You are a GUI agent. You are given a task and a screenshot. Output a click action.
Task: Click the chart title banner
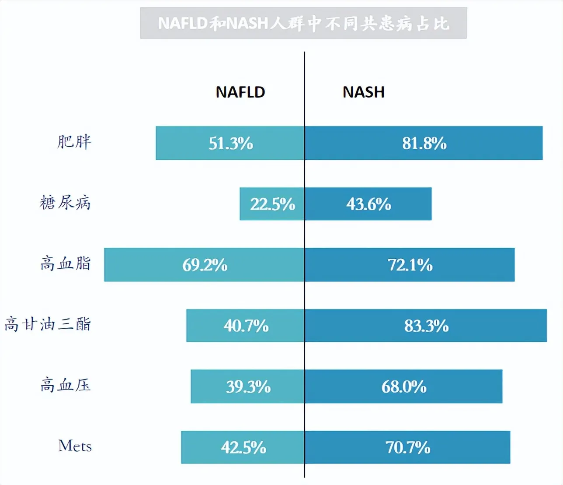click(303, 23)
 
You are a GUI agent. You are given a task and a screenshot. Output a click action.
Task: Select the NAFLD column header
click(240, 92)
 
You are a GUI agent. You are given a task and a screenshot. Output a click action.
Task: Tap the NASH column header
click(363, 92)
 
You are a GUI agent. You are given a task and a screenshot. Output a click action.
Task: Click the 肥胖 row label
click(74, 142)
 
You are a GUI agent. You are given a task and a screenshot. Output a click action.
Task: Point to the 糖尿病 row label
click(65, 203)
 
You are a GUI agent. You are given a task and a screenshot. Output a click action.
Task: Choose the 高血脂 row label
click(66, 264)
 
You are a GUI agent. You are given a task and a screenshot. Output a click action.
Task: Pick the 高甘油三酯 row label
click(48, 324)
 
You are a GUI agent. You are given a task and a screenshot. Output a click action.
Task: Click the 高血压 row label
click(66, 385)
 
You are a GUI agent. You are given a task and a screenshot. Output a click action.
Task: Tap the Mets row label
click(75, 446)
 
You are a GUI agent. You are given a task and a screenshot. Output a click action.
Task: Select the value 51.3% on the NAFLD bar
click(231, 144)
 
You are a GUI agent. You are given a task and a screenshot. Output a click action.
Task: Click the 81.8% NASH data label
click(424, 144)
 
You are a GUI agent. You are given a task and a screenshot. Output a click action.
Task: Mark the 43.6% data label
click(368, 204)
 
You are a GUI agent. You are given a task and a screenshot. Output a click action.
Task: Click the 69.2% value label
click(205, 265)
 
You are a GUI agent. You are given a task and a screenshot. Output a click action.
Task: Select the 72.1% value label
click(410, 265)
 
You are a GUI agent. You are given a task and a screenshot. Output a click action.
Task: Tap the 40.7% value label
click(246, 326)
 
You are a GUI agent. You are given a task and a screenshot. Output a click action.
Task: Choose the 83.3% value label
click(426, 326)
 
